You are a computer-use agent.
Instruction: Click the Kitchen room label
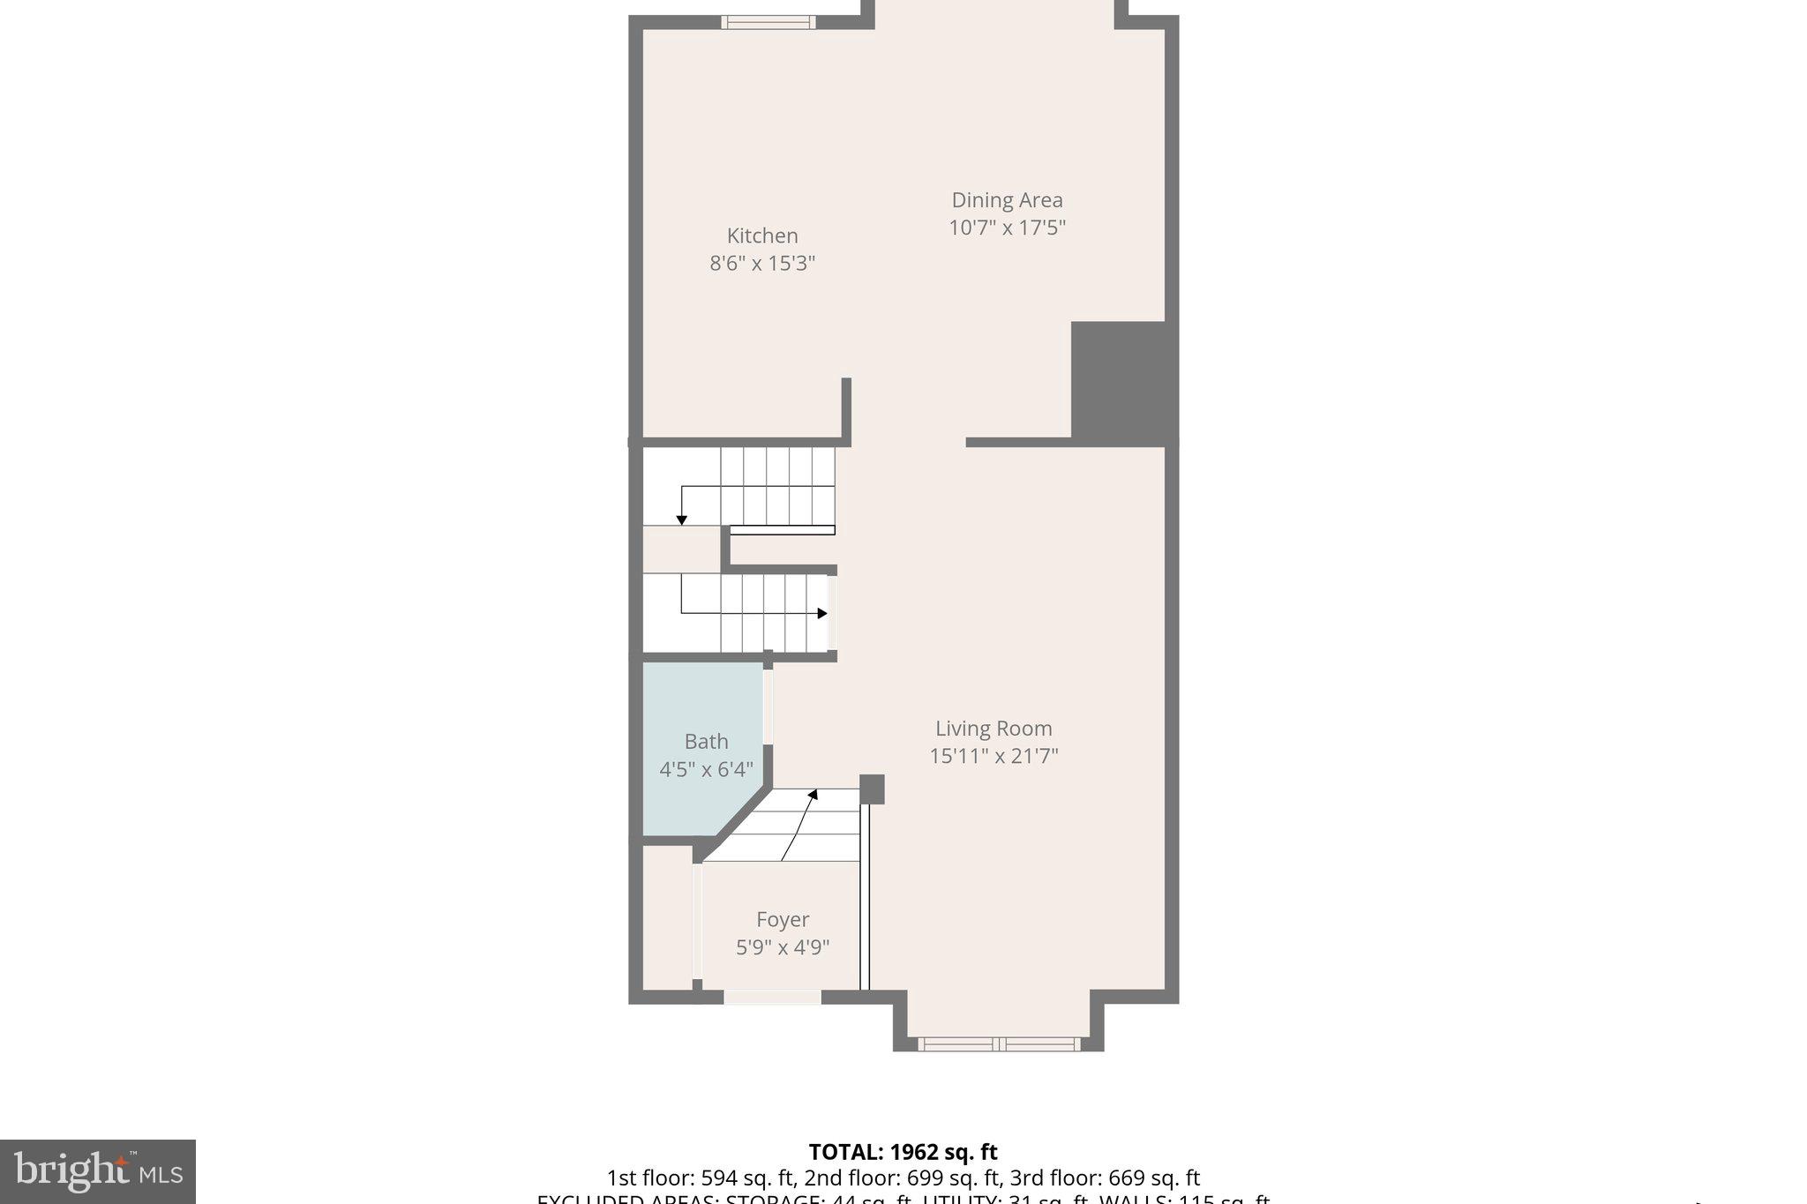(762, 236)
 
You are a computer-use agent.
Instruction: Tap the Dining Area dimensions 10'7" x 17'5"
(1007, 228)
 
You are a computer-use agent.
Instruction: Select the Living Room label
(993, 729)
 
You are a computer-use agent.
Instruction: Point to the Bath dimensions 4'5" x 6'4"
(706, 769)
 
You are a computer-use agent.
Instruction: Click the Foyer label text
(783, 920)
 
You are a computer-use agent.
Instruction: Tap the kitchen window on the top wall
(768, 22)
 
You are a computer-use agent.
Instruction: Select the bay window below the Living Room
(998, 1044)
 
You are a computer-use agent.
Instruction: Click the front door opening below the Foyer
(772, 997)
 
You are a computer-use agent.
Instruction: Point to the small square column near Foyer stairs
(872, 789)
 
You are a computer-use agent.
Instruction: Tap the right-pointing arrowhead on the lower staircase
(822, 613)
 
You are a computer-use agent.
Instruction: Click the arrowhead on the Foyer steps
(813, 795)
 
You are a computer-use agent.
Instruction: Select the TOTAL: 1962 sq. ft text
(903, 1152)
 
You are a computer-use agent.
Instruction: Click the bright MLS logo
(98, 1171)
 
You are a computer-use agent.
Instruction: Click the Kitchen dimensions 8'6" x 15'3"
(762, 263)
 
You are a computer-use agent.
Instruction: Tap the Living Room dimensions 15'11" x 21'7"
(993, 756)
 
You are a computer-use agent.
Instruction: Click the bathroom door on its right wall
(768, 707)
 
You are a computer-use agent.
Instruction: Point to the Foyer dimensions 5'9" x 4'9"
(783, 947)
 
